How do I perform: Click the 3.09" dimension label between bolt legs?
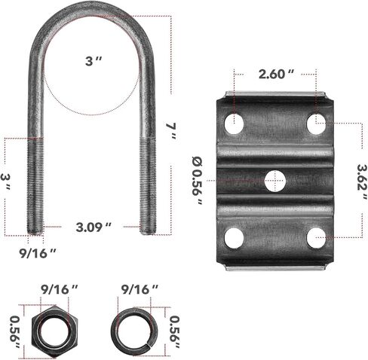pos(94,227)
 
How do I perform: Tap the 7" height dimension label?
pos(171,131)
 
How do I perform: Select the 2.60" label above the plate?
pos(276,74)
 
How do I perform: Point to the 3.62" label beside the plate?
pos(362,182)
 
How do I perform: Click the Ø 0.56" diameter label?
pos(198,181)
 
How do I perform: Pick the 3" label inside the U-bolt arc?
pos(94,61)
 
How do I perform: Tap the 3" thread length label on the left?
pos(5,181)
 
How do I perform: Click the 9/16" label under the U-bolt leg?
pos(38,253)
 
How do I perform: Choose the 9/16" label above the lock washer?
pos(140,290)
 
